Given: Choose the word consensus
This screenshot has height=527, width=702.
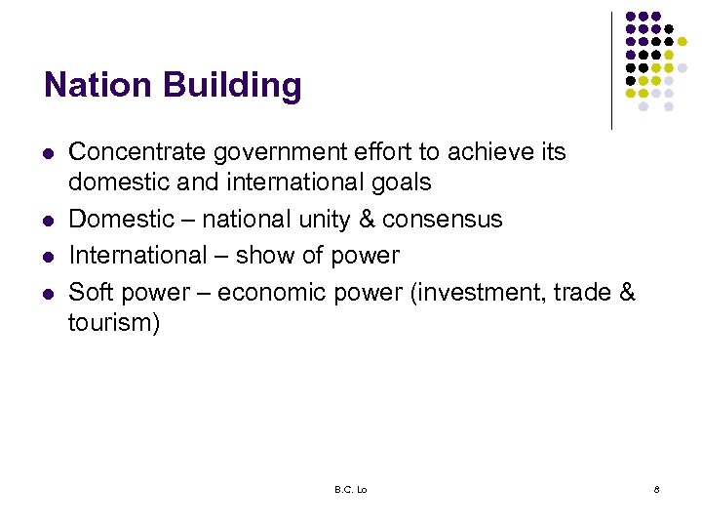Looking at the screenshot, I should tap(443, 220).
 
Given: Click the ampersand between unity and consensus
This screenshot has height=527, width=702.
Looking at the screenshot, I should tap(367, 220).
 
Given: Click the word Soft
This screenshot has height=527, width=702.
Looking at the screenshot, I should tap(90, 292).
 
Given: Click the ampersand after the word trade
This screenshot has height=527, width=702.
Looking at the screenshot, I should tap(627, 292).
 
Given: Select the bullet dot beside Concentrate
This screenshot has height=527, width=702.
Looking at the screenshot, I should tap(47, 154).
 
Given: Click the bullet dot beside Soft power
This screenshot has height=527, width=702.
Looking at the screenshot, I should tap(47, 293).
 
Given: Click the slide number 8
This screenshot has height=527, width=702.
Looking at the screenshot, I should tap(656, 489).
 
